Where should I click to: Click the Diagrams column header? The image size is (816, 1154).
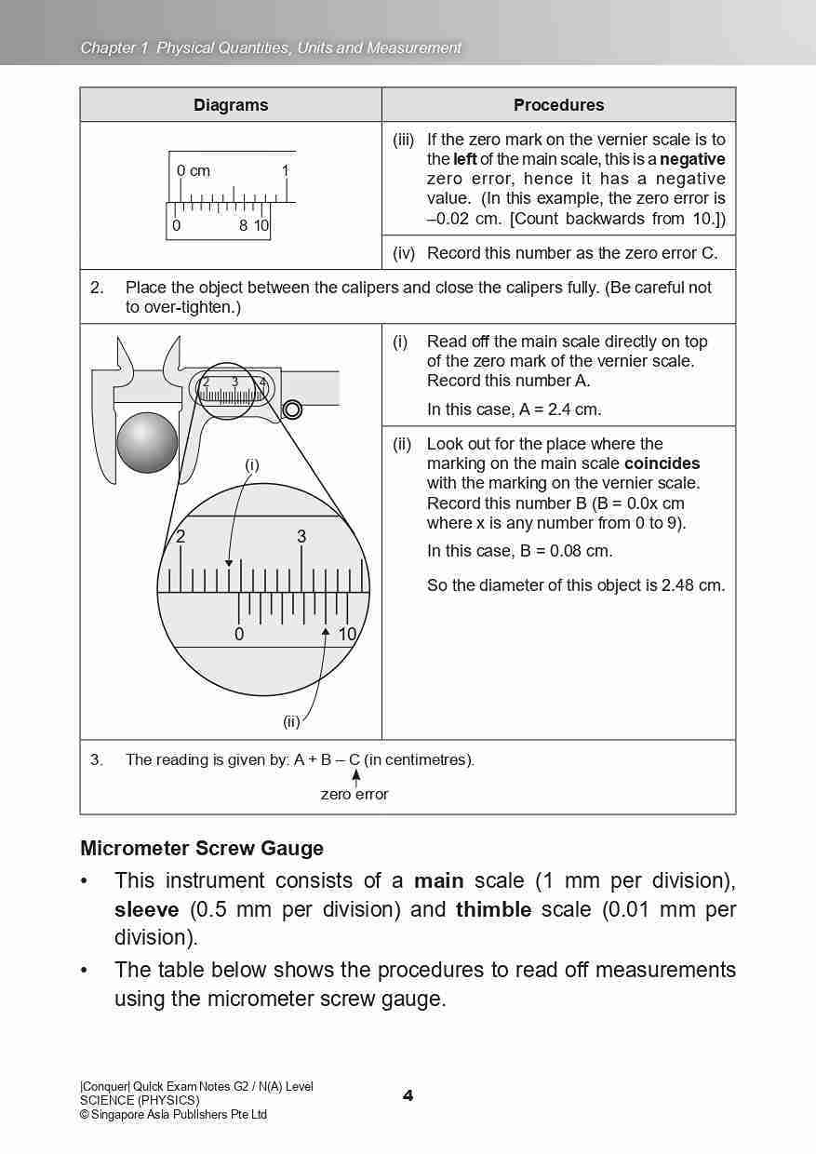click(x=231, y=105)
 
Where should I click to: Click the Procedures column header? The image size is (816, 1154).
click(x=558, y=105)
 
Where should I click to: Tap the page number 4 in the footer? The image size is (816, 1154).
click(x=408, y=1095)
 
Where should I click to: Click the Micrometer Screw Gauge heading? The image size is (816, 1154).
click(x=202, y=848)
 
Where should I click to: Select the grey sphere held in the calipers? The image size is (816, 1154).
click(x=147, y=442)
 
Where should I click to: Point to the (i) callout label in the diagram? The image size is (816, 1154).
click(x=251, y=464)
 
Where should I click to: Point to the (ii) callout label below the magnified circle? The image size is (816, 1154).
click(x=291, y=720)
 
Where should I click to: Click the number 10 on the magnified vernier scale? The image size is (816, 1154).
click(x=347, y=635)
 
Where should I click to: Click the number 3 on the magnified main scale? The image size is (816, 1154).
click(x=301, y=537)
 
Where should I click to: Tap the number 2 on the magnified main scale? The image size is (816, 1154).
click(x=181, y=537)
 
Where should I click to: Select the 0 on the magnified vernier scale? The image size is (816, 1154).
click(x=239, y=635)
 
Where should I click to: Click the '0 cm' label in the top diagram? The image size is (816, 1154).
click(x=194, y=171)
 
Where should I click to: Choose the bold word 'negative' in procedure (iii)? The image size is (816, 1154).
click(x=692, y=159)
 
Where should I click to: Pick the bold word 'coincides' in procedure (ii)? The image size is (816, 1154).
click(x=662, y=463)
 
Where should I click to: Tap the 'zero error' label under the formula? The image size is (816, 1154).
click(x=354, y=794)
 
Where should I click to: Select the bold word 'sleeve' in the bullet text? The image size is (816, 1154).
click(x=146, y=909)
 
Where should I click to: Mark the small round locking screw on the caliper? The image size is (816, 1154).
click(x=292, y=409)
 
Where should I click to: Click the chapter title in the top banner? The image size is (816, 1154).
click(x=271, y=47)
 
